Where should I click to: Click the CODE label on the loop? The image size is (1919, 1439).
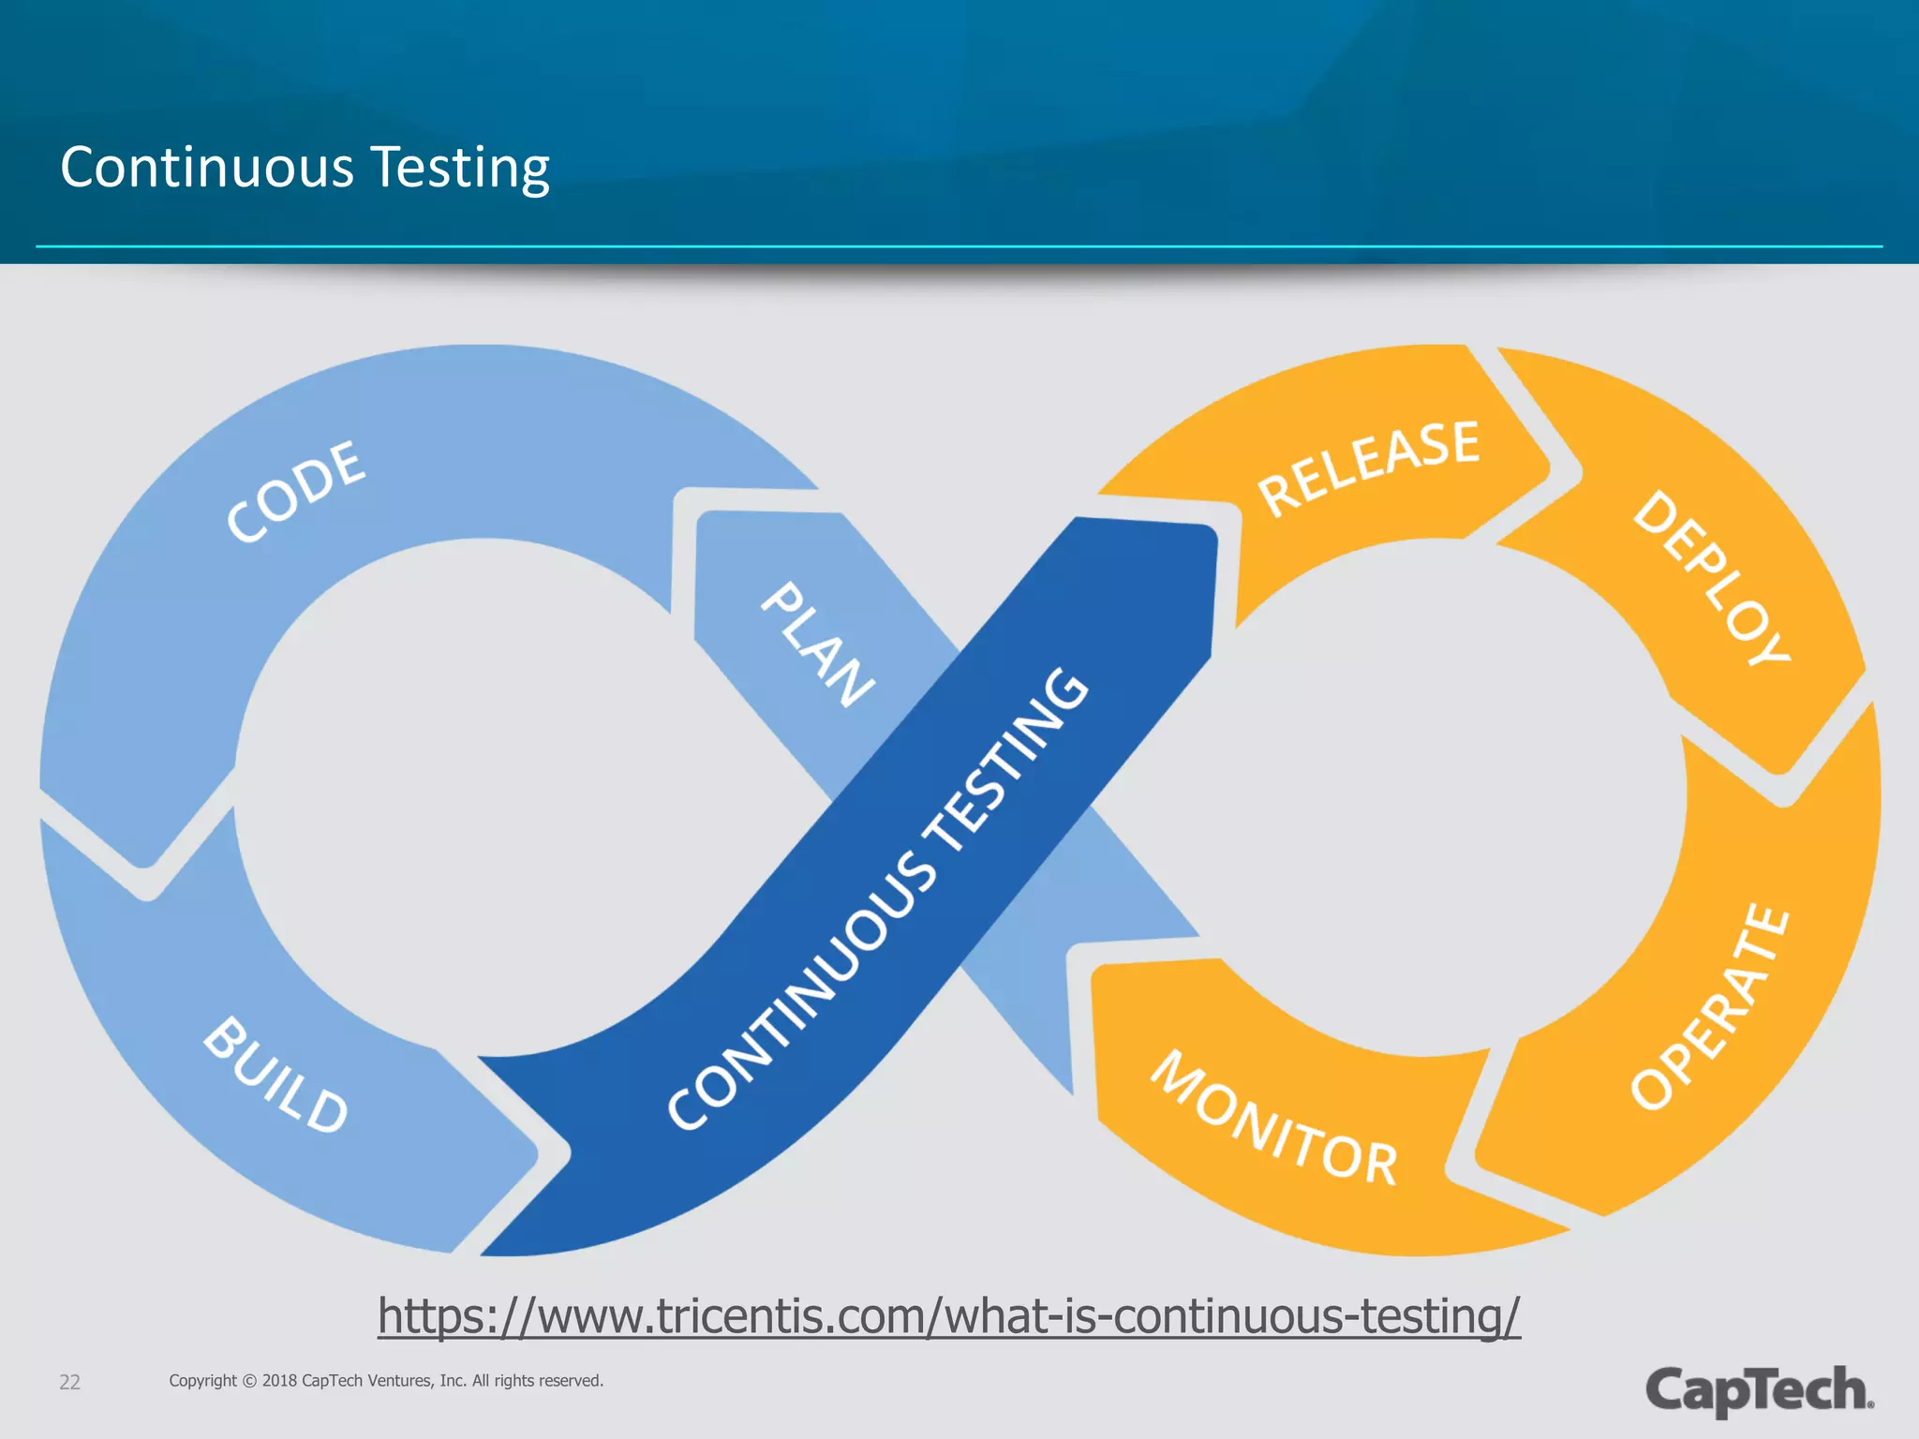tap(296, 492)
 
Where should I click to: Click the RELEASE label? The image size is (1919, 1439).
tap(1368, 467)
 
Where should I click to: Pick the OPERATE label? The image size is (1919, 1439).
tap(1711, 1007)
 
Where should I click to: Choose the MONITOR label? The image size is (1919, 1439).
tap(1274, 1119)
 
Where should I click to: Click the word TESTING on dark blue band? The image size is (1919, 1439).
tap(1008, 759)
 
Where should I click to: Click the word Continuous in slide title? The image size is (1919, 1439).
tap(207, 168)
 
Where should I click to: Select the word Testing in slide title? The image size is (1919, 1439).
tap(460, 168)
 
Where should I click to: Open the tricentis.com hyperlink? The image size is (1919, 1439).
tap(948, 1315)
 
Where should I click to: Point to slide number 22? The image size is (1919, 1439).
tap(69, 1382)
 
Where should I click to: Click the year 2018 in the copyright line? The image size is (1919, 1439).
tap(279, 1380)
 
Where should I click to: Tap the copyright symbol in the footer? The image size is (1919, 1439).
tap(249, 1381)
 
